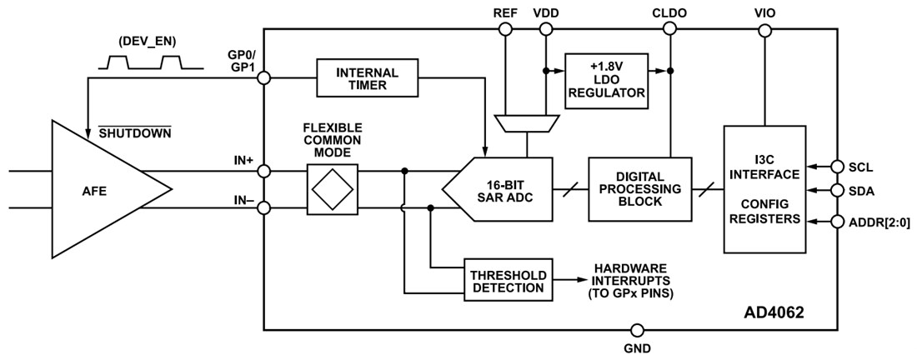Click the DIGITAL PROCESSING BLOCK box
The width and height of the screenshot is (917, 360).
pos(639,189)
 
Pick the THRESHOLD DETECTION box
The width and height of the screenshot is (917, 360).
pos(508,278)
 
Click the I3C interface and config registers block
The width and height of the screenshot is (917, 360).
pos(764,189)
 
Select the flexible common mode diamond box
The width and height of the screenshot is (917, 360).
pos(333,189)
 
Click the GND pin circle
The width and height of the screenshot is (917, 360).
pos(638,329)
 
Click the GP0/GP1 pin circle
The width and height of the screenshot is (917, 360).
pos(264,77)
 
